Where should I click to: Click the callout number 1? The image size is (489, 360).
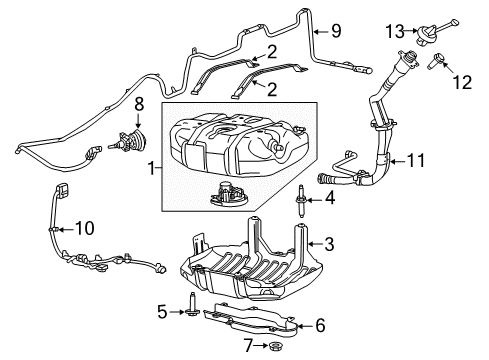click(152, 170)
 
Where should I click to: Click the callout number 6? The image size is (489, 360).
click(320, 325)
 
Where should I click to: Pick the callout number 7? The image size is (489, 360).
click(249, 350)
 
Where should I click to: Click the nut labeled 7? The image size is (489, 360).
click(277, 349)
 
